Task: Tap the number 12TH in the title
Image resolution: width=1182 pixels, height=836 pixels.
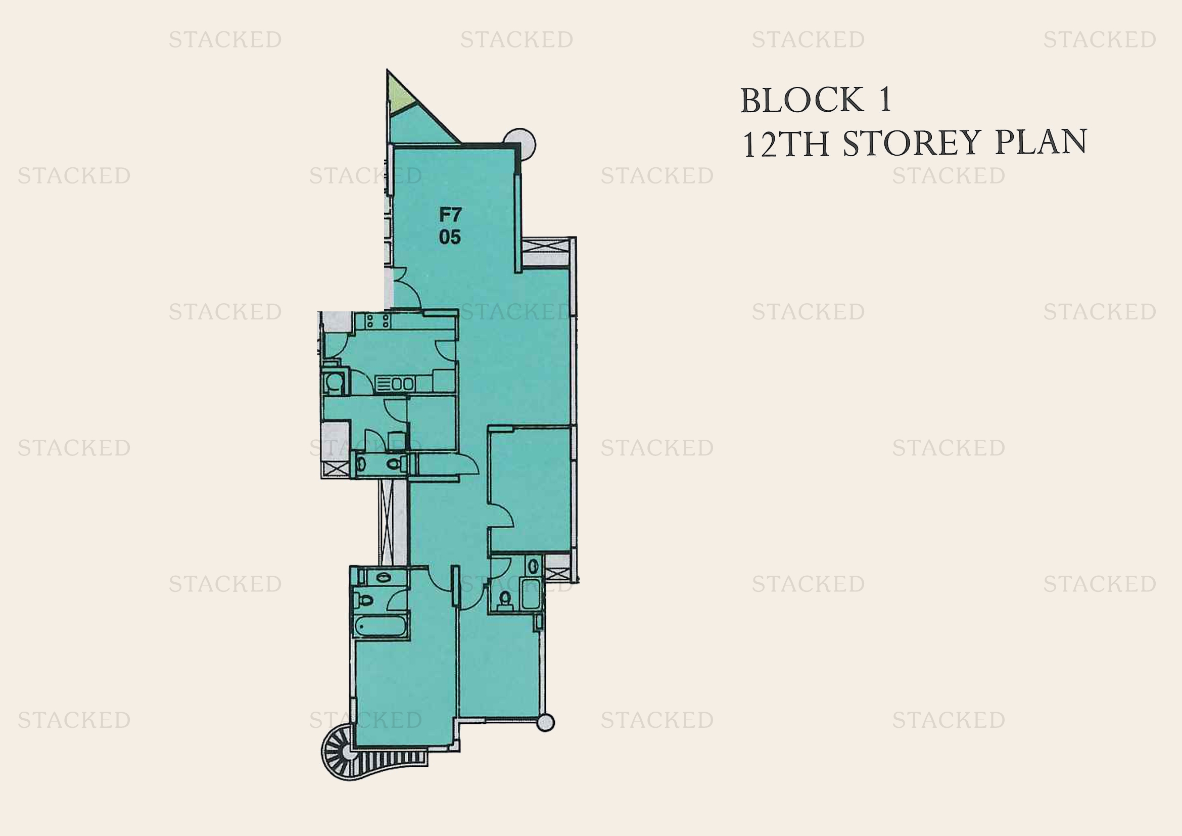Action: (x=785, y=144)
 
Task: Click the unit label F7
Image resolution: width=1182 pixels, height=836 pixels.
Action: (x=450, y=214)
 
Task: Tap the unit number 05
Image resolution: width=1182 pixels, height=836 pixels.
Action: (x=449, y=238)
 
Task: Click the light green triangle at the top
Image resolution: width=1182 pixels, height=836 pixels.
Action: (x=398, y=95)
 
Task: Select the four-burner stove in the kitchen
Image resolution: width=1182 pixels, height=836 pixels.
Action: (x=377, y=321)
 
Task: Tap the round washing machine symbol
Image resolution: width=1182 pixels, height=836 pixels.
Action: (x=335, y=383)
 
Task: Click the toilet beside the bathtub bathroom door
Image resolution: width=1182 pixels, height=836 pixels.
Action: (x=365, y=600)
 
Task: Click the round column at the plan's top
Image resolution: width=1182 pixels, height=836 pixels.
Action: (x=520, y=144)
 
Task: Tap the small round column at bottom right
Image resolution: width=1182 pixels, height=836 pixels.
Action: (x=545, y=723)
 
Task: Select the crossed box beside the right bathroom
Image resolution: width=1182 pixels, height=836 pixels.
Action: (x=556, y=573)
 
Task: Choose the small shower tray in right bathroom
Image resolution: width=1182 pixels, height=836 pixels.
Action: (x=531, y=593)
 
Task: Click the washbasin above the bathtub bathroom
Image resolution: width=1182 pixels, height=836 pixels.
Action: (x=383, y=577)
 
